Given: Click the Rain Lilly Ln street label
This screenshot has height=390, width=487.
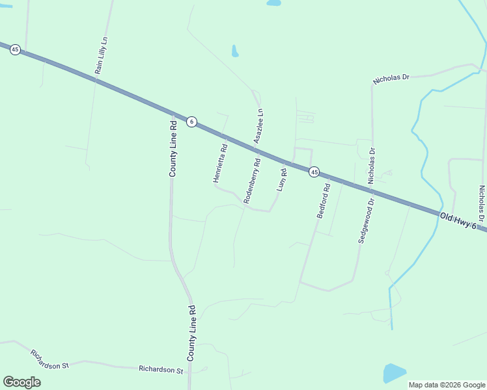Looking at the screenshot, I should point(101,57).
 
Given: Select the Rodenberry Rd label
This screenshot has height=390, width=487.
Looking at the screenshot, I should point(252,182).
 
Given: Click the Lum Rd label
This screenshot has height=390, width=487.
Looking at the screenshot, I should point(283,180).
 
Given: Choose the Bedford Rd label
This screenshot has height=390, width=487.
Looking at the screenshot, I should point(324,201).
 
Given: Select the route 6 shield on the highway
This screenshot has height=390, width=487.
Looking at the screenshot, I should point(191,122).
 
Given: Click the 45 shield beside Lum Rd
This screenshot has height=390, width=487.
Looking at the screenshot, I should point(314,172).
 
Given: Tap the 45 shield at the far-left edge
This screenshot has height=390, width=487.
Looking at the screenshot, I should point(15,49).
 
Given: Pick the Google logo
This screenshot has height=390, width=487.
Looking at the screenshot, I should point(21,382).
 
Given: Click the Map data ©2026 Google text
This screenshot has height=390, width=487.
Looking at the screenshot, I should point(446,385).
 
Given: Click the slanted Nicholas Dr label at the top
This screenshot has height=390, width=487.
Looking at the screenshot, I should point(391,79).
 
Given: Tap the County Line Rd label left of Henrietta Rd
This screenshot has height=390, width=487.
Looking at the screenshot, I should point(173,148).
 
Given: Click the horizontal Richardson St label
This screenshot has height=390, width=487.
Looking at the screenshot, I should point(161,369).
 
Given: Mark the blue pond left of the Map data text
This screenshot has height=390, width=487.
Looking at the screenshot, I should point(394,372).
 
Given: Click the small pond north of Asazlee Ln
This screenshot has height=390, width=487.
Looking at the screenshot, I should point(234,51).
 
